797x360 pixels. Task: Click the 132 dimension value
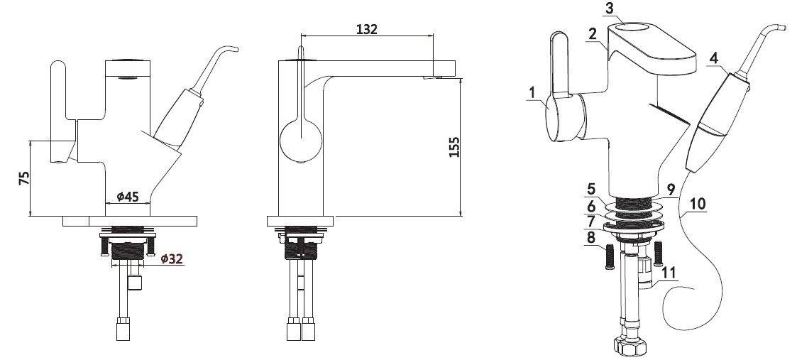pyautogui.click(x=366, y=29)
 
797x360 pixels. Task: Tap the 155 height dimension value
pyautogui.click(x=454, y=147)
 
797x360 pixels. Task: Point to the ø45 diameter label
pyautogui.click(x=128, y=196)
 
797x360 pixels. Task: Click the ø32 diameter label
pyautogui.click(x=172, y=258)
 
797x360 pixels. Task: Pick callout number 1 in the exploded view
pyautogui.click(x=532, y=92)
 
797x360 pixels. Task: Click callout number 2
pyautogui.click(x=592, y=34)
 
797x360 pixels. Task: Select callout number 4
pyautogui.click(x=714, y=58)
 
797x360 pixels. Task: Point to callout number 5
pyautogui.click(x=590, y=189)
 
